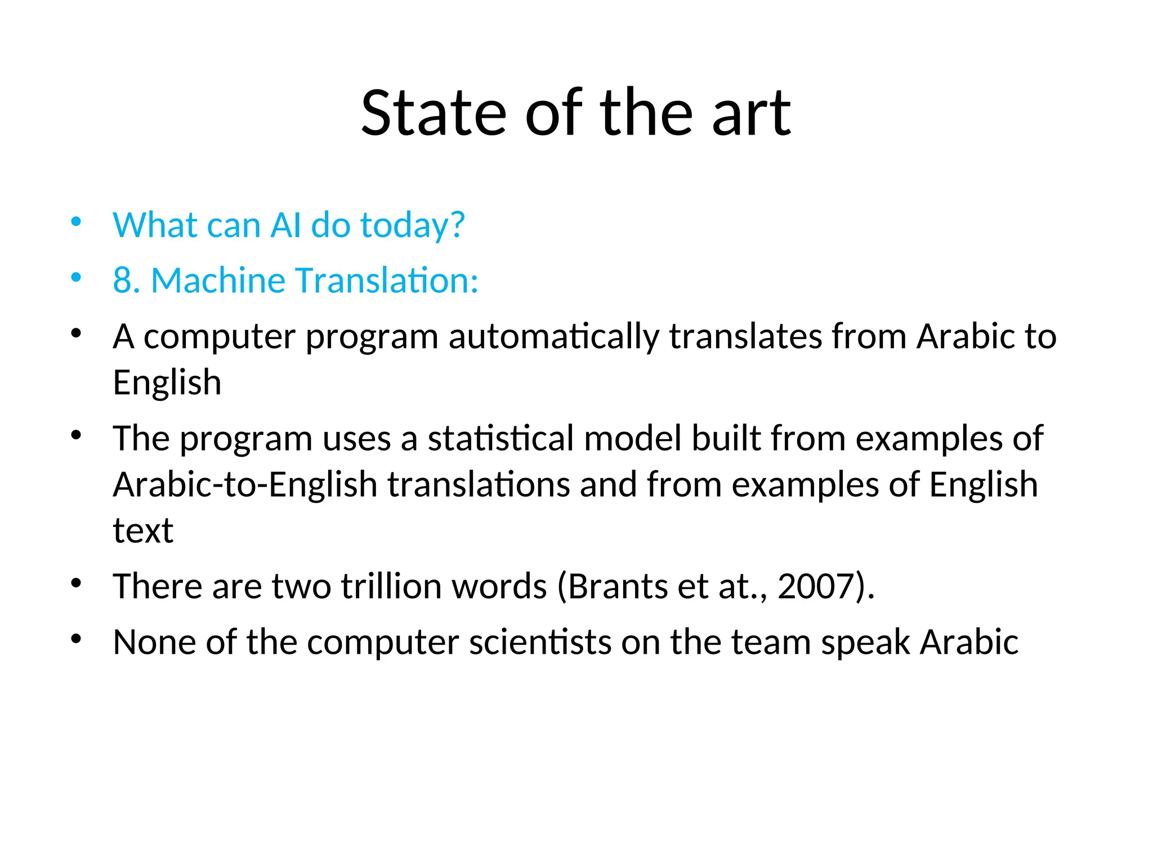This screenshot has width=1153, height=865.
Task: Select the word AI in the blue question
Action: click(286, 225)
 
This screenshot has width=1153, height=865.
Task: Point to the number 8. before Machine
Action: click(127, 280)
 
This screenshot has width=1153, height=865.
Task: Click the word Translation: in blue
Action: click(387, 280)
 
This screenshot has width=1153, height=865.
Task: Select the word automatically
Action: click(553, 337)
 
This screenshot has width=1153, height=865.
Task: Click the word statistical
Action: click(500, 438)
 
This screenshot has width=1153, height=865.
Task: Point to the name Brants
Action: click(618, 586)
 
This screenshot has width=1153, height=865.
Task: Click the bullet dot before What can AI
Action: click(77, 221)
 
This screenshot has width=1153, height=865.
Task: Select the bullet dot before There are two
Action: click(77, 582)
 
